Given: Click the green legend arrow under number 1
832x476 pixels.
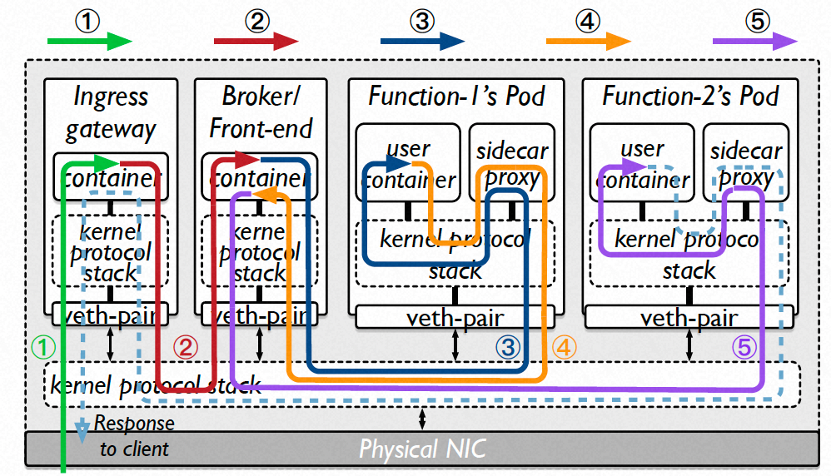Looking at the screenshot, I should [x=90, y=41].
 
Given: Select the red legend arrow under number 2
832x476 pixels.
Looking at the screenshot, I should [x=256, y=41].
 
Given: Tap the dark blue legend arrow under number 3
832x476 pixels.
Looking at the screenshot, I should [x=422, y=41].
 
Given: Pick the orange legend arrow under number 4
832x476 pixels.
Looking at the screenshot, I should [x=588, y=41].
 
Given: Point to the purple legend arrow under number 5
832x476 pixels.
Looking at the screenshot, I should [x=755, y=41].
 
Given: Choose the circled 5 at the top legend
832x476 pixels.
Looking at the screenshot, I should [x=758, y=19].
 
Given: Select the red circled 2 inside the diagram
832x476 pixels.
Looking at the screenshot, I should [x=188, y=347].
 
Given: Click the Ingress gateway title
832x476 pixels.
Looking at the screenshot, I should [x=111, y=113].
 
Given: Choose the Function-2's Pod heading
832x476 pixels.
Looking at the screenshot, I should [x=691, y=97].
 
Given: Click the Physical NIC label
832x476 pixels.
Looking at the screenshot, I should [x=423, y=448].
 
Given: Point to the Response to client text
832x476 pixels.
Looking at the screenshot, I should [x=133, y=436].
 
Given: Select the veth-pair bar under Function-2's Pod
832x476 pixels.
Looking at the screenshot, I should [x=690, y=316].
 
